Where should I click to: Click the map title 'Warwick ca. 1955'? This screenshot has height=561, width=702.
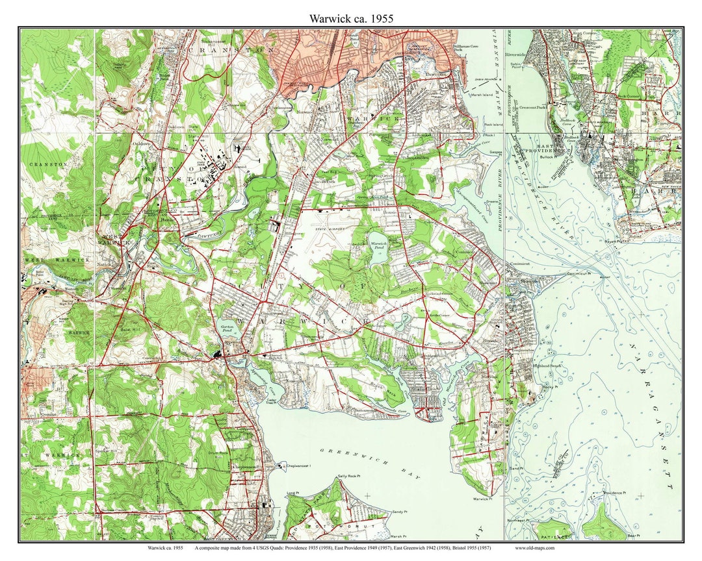coord(351,19)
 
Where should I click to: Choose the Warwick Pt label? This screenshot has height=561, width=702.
coord(481,499)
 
